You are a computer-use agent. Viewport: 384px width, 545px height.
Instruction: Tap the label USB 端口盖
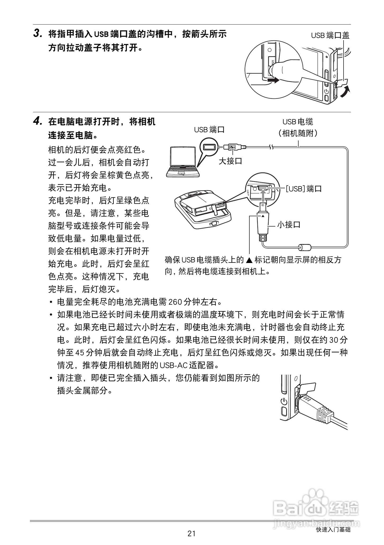point(330,35)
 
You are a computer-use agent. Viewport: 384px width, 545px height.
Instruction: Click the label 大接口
point(230,161)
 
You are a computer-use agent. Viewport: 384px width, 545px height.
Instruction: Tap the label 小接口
point(289,225)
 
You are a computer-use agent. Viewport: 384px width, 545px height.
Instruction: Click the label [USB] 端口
point(303,189)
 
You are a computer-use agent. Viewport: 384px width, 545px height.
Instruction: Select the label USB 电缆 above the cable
point(298,122)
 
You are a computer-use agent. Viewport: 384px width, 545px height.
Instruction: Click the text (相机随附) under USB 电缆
point(298,133)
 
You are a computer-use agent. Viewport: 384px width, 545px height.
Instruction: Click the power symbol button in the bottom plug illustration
point(284,402)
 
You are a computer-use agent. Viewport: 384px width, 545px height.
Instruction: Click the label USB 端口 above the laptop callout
point(209,130)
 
